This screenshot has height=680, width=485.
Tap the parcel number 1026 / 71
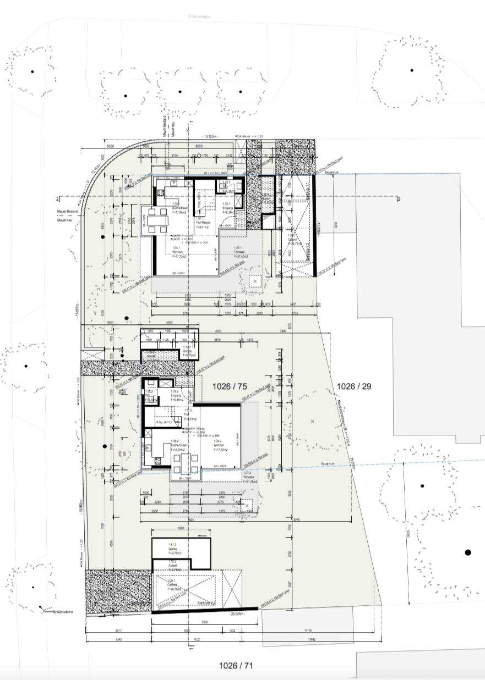(x=236, y=666)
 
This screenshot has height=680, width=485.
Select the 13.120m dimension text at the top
(x=211, y=136)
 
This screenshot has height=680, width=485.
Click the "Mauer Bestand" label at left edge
(x=67, y=211)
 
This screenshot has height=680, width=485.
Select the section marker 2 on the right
(x=399, y=198)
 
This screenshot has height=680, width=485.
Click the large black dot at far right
(x=468, y=552)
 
